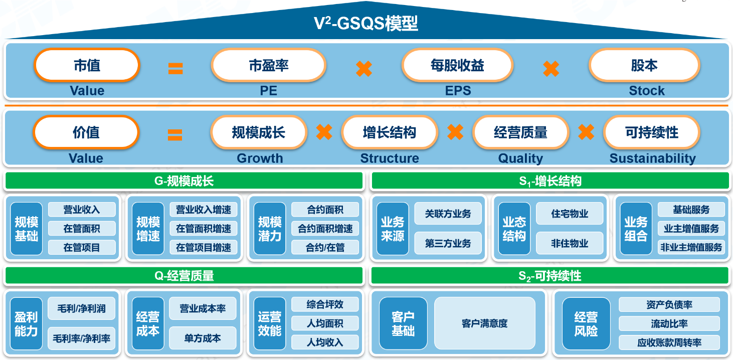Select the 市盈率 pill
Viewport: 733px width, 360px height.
point(269,65)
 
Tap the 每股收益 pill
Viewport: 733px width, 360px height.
point(457,65)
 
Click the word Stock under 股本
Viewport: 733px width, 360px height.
point(647,91)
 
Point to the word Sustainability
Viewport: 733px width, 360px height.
point(652,158)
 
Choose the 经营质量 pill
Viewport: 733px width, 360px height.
point(520,132)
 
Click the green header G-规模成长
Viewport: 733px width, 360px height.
point(184,181)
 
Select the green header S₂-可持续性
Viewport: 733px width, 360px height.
point(550,276)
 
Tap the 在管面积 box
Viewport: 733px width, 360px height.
point(82,229)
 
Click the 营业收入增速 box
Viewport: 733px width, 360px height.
point(204,210)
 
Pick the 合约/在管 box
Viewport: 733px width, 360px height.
point(325,247)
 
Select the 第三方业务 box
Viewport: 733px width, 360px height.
point(448,243)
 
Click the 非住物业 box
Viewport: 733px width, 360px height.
point(570,243)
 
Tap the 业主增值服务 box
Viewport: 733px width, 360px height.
point(691,229)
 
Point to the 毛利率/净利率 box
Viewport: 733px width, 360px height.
point(82,338)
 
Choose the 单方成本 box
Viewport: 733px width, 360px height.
point(203,338)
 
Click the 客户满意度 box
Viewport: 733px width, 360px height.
point(484,323)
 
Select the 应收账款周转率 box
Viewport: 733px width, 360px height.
point(669,343)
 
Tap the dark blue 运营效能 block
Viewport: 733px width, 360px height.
point(270,324)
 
